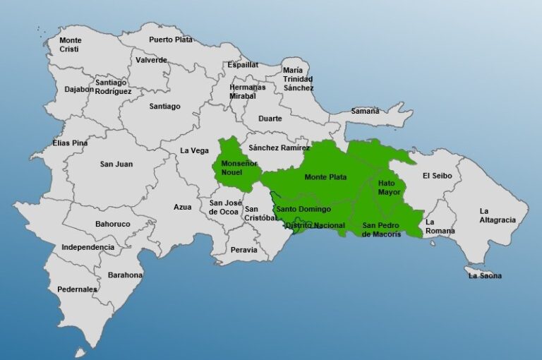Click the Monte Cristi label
(70, 44)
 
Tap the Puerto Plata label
(170, 40)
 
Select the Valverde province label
(151, 60)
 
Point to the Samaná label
(365, 111)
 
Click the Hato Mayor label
(389, 187)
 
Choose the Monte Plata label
(325, 177)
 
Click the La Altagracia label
(497, 215)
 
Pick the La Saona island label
(485, 276)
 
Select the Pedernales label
(78, 289)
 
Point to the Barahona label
(126, 275)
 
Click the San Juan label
(116, 164)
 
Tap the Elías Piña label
(70, 143)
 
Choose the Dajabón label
(79, 90)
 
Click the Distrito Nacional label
(315, 225)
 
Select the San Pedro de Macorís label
(381, 229)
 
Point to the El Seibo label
(436, 176)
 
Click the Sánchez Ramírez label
(279, 148)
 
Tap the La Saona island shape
(473, 270)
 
